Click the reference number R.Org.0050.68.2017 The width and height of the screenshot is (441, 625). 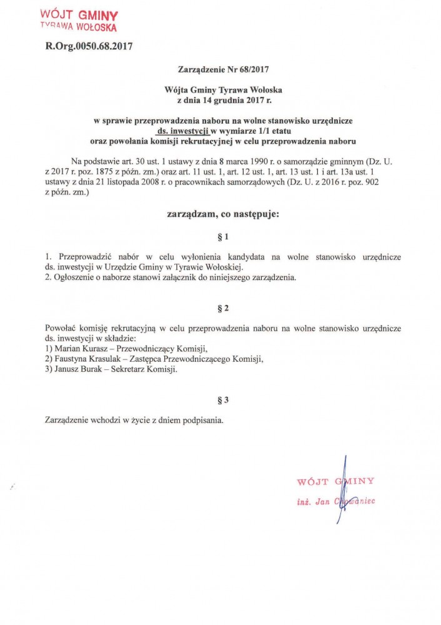pyautogui.click(x=89, y=46)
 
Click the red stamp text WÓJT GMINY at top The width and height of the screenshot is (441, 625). pyautogui.click(x=79, y=14)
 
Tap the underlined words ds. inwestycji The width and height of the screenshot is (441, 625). pyautogui.click(x=182, y=131)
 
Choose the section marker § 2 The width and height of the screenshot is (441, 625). pyautogui.click(x=222, y=308)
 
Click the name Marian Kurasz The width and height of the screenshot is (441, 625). pyautogui.click(x=82, y=348)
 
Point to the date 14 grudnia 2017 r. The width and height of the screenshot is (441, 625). pyautogui.click(x=230, y=100)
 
